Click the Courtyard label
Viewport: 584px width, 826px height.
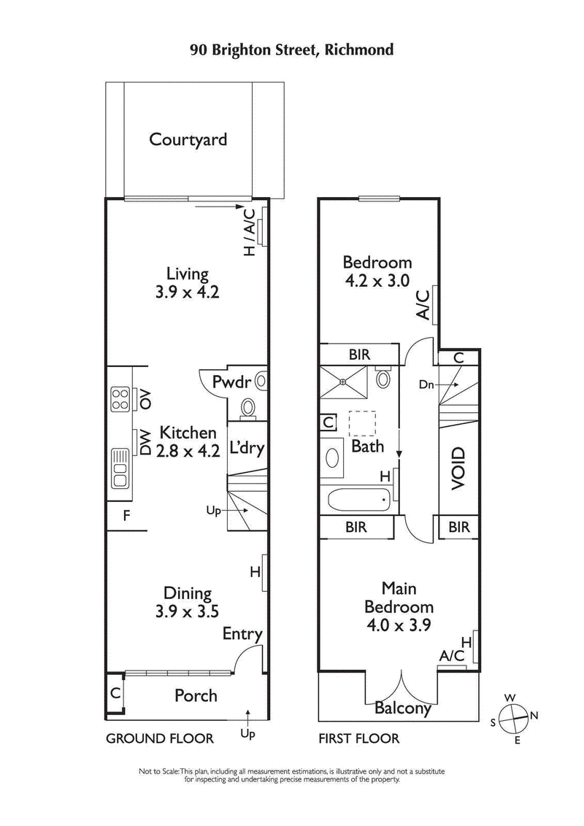[x=188, y=139]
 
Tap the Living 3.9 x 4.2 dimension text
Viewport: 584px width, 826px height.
[x=188, y=293]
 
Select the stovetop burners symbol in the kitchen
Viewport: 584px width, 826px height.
[x=120, y=398]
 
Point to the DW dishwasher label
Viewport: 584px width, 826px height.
[x=145, y=443]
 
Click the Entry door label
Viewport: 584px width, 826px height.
[x=242, y=634]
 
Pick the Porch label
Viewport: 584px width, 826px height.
[x=196, y=695]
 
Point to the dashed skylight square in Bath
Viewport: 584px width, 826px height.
[x=362, y=422]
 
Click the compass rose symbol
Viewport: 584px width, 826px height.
[x=515, y=716]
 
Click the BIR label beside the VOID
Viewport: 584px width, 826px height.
[x=458, y=527]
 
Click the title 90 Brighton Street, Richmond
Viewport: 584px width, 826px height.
[x=292, y=50]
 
